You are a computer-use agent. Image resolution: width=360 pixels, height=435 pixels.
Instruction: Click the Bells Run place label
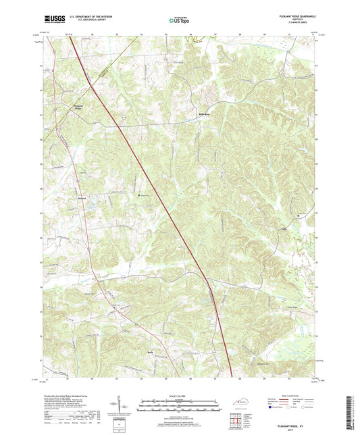204,114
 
